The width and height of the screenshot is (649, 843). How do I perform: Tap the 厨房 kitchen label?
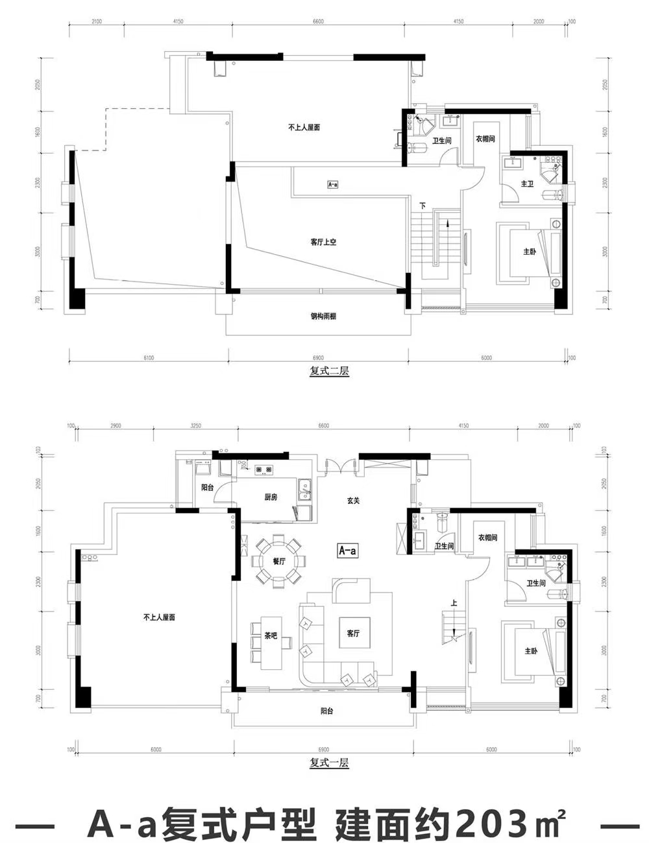pos(271,497)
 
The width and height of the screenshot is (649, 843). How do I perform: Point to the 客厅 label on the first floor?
pos(353,634)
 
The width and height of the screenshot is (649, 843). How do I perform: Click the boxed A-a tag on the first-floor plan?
pos(348,551)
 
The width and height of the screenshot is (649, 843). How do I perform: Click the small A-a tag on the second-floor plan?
pos(332,184)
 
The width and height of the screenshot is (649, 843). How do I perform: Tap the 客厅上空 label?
pos(323,242)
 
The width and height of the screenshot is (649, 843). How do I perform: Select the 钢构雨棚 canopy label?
pos(323,317)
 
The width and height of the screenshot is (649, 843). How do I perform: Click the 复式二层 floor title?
pos(330,372)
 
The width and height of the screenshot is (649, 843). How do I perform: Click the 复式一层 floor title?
pos(330,763)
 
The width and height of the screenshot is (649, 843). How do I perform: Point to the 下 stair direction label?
pos(422,206)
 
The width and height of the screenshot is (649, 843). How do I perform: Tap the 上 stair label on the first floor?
pos(454,603)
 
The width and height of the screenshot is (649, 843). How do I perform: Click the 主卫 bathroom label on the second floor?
pos(527,184)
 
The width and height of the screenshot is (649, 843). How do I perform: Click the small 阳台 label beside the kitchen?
pos(207,486)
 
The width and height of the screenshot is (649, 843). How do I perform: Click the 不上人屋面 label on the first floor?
pos(159,617)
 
